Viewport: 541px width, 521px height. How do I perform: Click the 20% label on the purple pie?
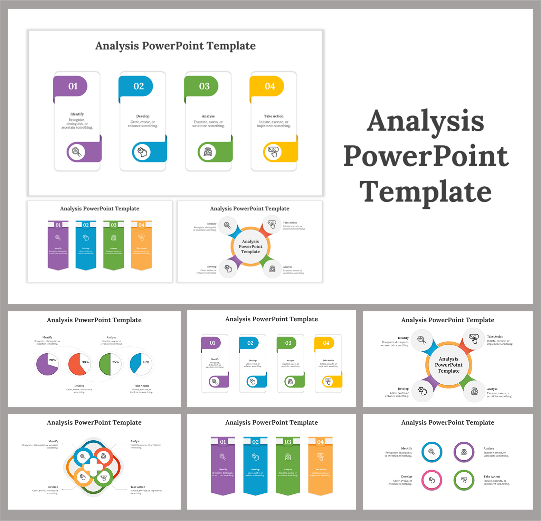pos(53,360)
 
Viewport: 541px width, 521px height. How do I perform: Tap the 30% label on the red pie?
pos(85,362)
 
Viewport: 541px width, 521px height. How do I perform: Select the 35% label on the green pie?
pos(115,362)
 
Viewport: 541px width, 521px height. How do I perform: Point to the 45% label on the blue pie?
pos(146,362)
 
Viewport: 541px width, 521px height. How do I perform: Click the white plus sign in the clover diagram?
pos(93,467)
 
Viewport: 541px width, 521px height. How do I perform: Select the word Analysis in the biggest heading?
pos(426,121)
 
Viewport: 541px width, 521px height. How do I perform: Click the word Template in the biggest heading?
pos(426,192)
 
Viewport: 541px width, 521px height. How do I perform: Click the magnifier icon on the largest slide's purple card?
pos(76,151)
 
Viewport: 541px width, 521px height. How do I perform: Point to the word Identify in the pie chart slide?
pos(47,337)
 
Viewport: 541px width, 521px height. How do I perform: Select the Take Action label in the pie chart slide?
pos(141,386)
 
